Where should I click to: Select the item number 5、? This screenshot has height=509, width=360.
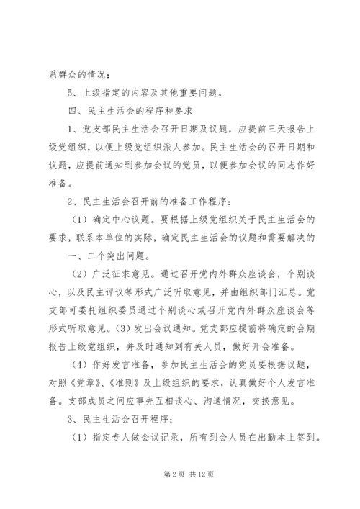point(71,91)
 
